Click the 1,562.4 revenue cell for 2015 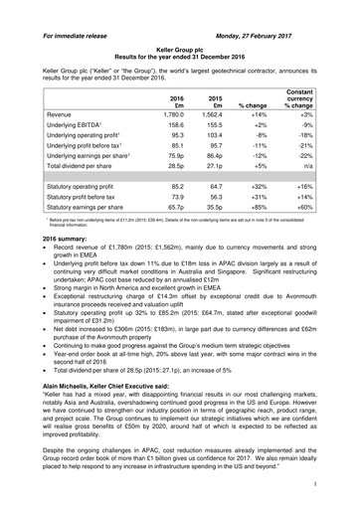coord(216,115)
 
